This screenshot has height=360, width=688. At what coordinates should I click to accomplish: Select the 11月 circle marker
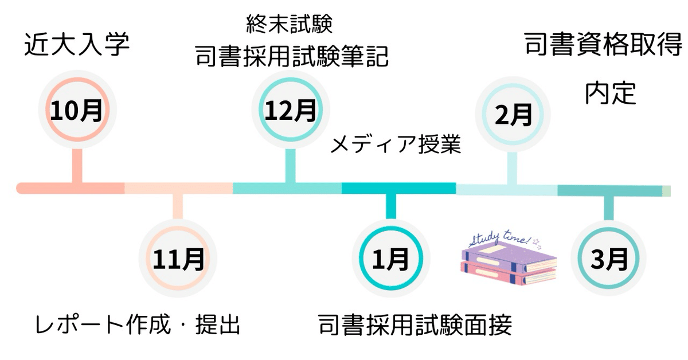point(178,260)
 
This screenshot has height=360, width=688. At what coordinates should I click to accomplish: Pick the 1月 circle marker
point(391,260)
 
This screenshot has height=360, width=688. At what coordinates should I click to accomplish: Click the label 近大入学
point(77,46)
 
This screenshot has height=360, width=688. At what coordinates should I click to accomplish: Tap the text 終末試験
point(290,24)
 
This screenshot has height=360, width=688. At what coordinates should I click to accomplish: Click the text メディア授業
point(396,144)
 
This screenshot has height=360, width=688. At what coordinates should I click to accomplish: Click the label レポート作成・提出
point(136,325)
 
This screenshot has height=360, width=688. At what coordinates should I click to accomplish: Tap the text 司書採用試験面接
point(415,325)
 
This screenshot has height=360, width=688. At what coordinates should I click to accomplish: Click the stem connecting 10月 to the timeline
point(76,166)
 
